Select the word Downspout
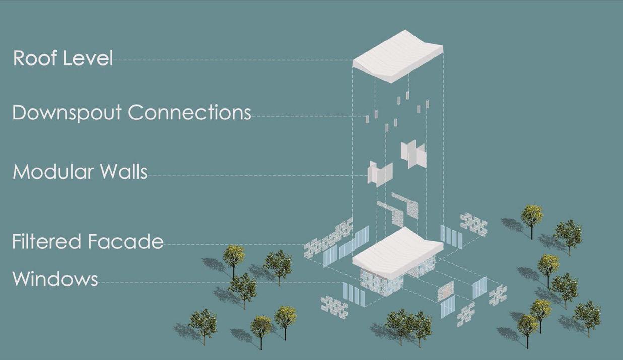(67, 113)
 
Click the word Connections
(189, 112)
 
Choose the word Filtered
(47, 242)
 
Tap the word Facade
(126, 242)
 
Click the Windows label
(55, 279)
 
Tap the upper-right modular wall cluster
(413, 153)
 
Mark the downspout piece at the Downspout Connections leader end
(367, 119)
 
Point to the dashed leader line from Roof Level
(232, 60)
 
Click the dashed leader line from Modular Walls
(257, 175)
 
